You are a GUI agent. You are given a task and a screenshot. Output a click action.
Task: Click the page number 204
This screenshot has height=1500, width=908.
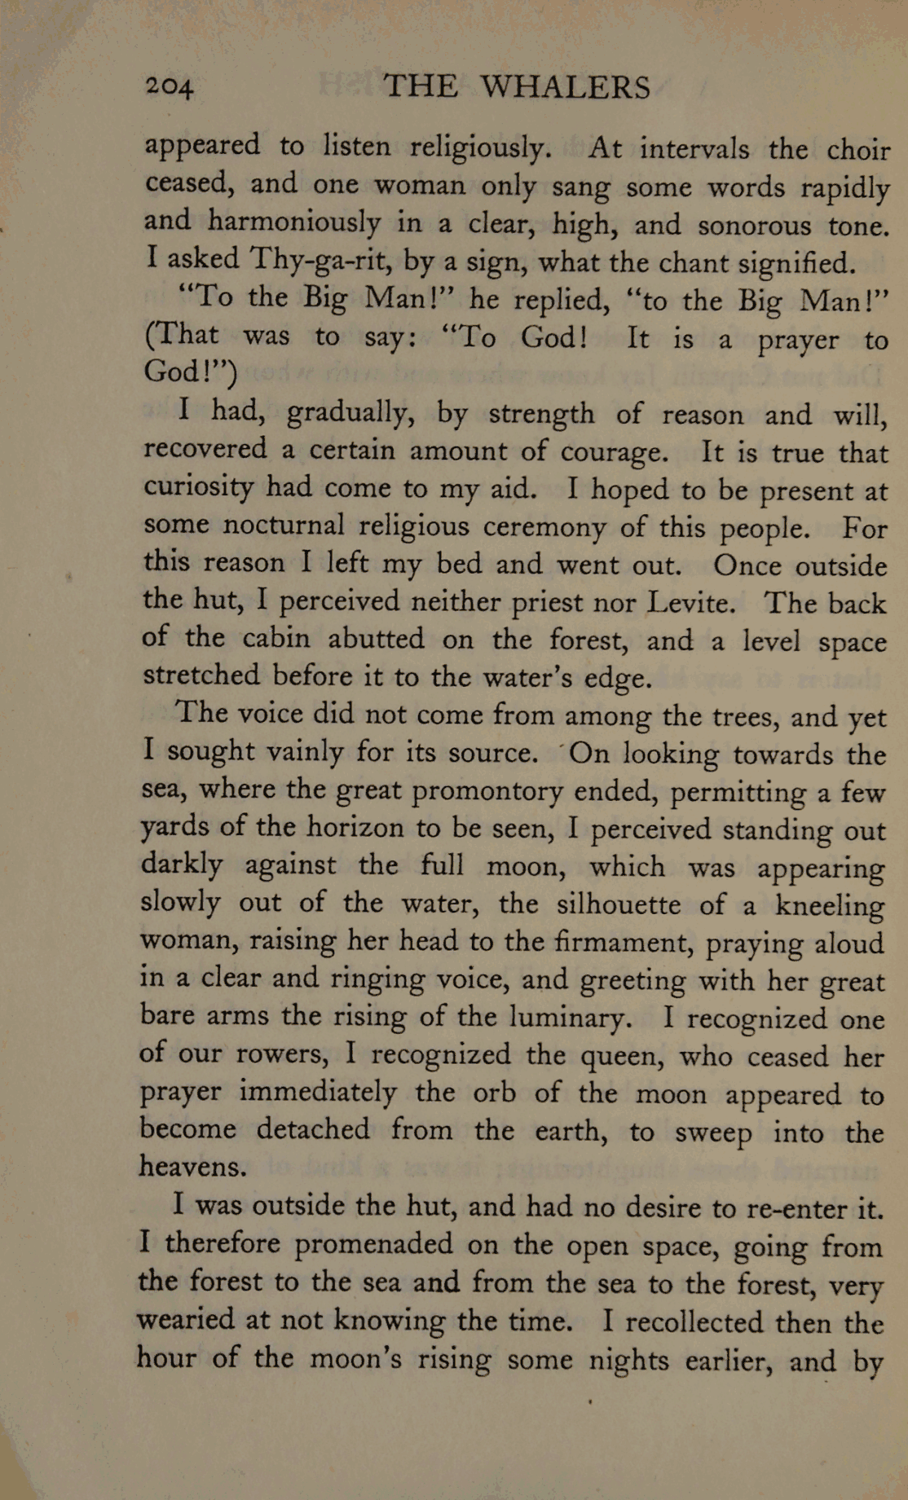click(x=169, y=86)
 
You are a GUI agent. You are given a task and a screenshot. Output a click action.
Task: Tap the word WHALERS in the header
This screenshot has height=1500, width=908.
click(x=565, y=87)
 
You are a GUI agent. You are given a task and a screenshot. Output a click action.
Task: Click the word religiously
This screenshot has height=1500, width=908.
click(x=480, y=147)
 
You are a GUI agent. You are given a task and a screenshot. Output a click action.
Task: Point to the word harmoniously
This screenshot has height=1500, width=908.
click(x=294, y=222)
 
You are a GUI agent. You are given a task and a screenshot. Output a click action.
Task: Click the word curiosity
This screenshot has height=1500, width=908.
click(x=199, y=487)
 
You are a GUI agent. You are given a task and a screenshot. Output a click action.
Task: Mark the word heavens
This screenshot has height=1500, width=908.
click(x=193, y=1167)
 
